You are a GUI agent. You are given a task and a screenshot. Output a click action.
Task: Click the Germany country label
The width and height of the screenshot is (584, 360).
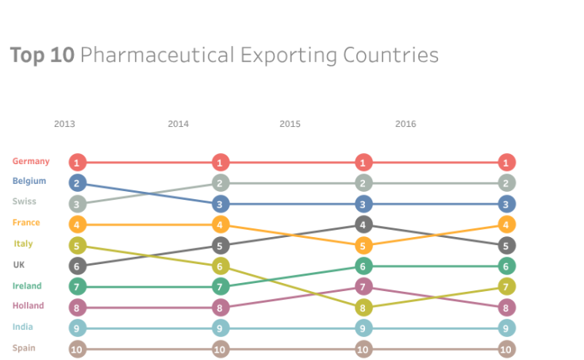pyautogui.click(x=31, y=161)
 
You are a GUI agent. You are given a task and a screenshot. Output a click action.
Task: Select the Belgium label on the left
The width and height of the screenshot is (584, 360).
pyautogui.click(x=29, y=181)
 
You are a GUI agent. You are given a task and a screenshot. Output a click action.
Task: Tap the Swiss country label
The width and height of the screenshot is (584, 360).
pyautogui.click(x=25, y=201)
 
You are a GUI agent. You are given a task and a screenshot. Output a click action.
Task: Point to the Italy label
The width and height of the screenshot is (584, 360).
pyautogui.click(x=24, y=244)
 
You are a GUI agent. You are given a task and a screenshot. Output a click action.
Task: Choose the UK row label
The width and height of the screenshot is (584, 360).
pyautogui.click(x=20, y=265)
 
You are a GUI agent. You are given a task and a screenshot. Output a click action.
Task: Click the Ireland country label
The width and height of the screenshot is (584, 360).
pyautogui.click(x=27, y=285)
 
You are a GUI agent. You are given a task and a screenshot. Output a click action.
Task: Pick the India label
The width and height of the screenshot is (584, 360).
pyautogui.click(x=22, y=327)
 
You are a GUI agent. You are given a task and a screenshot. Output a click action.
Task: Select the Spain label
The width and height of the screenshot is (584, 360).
pyautogui.click(x=24, y=347)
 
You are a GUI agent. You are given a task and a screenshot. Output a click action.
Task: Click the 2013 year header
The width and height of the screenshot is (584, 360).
pyautogui.click(x=64, y=124)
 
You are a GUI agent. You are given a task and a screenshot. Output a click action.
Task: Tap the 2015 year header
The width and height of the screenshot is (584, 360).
pyautogui.click(x=290, y=124)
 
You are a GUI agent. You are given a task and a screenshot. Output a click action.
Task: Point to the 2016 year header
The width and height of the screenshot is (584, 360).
pyautogui.click(x=405, y=124)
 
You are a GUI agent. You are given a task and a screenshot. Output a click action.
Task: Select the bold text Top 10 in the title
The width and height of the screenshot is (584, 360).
pyautogui.click(x=41, y=56)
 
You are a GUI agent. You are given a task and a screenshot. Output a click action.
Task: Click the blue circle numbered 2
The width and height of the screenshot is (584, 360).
pyautogui.click(x=77, y=183)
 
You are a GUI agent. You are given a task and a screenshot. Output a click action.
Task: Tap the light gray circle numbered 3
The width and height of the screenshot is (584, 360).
pyautogui.click(x=77, y=204)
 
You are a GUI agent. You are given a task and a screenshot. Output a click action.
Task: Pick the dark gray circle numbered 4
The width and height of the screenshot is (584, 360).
pyautogui.click(x=363, y=224)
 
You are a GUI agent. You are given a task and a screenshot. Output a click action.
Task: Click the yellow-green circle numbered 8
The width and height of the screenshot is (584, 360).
pyautogui.click(x=363, y=308)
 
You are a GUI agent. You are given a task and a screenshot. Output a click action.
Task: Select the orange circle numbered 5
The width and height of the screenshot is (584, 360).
pyautogui.click(x=363, y=246)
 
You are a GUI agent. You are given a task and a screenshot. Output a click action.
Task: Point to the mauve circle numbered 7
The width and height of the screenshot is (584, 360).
pyautogui.click(x=363, y=286)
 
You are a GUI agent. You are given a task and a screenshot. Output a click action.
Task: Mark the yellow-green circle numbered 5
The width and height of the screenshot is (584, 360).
pyautogui.click(x=77, y=246)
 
